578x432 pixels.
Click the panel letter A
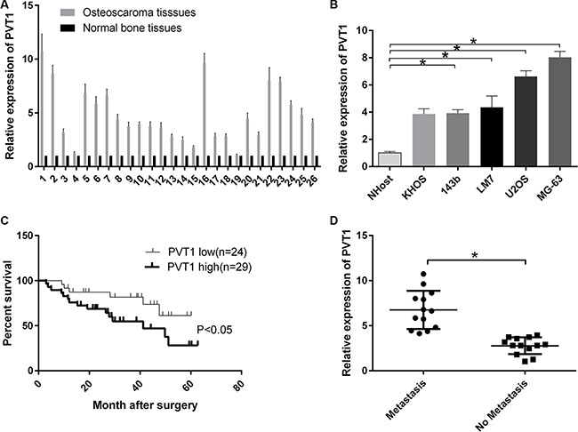7,7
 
